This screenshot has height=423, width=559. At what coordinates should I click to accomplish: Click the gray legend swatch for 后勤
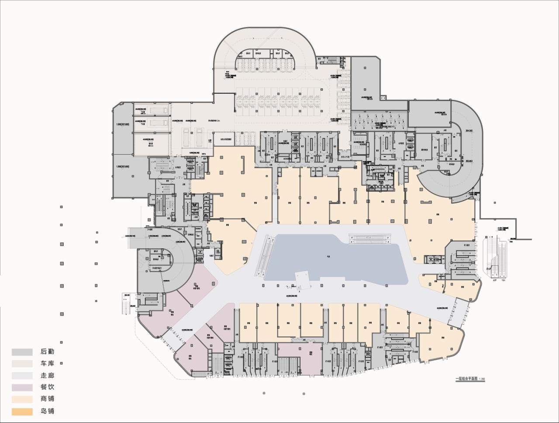pos(22,352)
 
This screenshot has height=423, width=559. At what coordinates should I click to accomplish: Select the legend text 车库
pos(47,363)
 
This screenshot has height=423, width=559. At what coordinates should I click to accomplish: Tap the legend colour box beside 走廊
pos(22,375)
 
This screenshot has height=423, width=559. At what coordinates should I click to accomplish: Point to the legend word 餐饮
pos(47,387)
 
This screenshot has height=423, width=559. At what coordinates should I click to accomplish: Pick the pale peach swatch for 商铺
pos(22,399)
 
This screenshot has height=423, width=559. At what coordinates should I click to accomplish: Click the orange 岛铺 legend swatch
pos(22,411)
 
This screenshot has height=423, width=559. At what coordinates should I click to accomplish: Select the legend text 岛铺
pos(47,411)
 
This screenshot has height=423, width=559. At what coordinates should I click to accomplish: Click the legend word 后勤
pos(47,351)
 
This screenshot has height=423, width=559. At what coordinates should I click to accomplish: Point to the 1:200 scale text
pos(482,379)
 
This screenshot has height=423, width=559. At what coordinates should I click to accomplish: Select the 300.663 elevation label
pos(470,161)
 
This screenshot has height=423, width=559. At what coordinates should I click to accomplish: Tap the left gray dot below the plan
pos(264,393)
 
